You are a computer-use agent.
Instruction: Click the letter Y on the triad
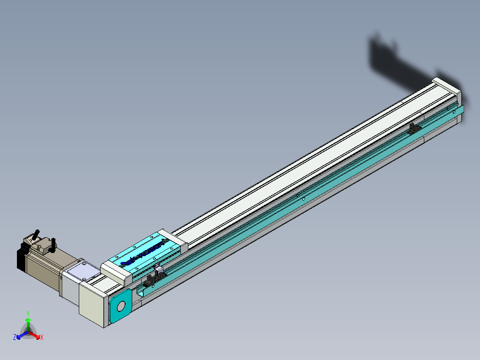click(x=28, y=313)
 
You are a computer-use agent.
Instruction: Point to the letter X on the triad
click(x=42, y=338)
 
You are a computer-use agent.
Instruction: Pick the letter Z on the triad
click(x=15, y=338)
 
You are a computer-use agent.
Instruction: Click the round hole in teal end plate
click(x=120, y=306)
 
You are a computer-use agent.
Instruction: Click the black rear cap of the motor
click(x=20, y=259)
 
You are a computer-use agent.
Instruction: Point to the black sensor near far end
click(x=415, y=129)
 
